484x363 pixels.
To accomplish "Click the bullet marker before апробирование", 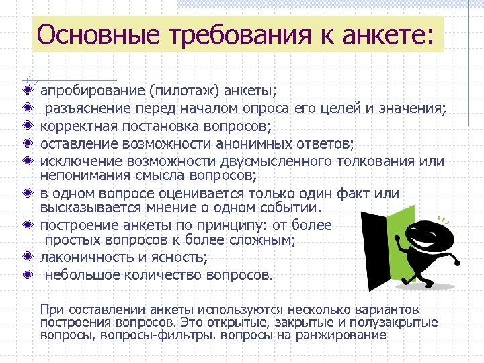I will coord(26,89).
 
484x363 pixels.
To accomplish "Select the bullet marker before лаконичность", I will coord(26,257).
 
